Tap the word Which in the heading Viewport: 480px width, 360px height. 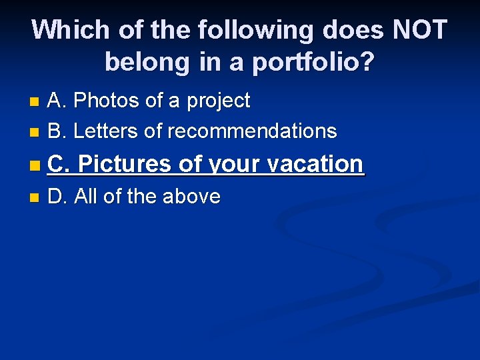(69, 31)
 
